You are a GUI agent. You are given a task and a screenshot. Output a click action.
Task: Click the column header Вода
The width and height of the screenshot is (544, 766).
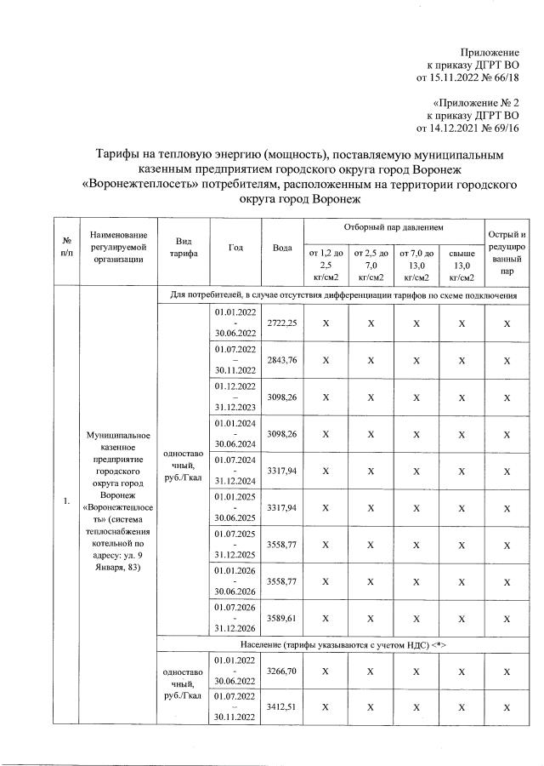pos(283,248)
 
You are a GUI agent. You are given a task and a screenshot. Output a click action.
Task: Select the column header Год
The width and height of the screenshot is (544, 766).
pos(235,248)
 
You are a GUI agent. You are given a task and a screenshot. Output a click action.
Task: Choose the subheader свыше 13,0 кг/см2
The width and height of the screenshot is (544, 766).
pos(462,265)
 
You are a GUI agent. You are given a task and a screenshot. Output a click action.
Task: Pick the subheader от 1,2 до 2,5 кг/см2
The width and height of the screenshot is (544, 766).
pos(326,265)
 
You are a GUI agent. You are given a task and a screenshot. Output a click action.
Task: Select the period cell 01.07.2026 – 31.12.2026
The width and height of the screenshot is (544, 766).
pos(235,617)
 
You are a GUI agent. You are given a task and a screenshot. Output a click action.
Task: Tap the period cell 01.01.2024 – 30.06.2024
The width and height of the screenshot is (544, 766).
pos(235,432)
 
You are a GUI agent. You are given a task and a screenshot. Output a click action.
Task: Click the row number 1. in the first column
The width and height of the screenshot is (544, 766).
pos(65,500)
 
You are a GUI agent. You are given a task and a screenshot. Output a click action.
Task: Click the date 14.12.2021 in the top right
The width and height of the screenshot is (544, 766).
pos(456,129)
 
